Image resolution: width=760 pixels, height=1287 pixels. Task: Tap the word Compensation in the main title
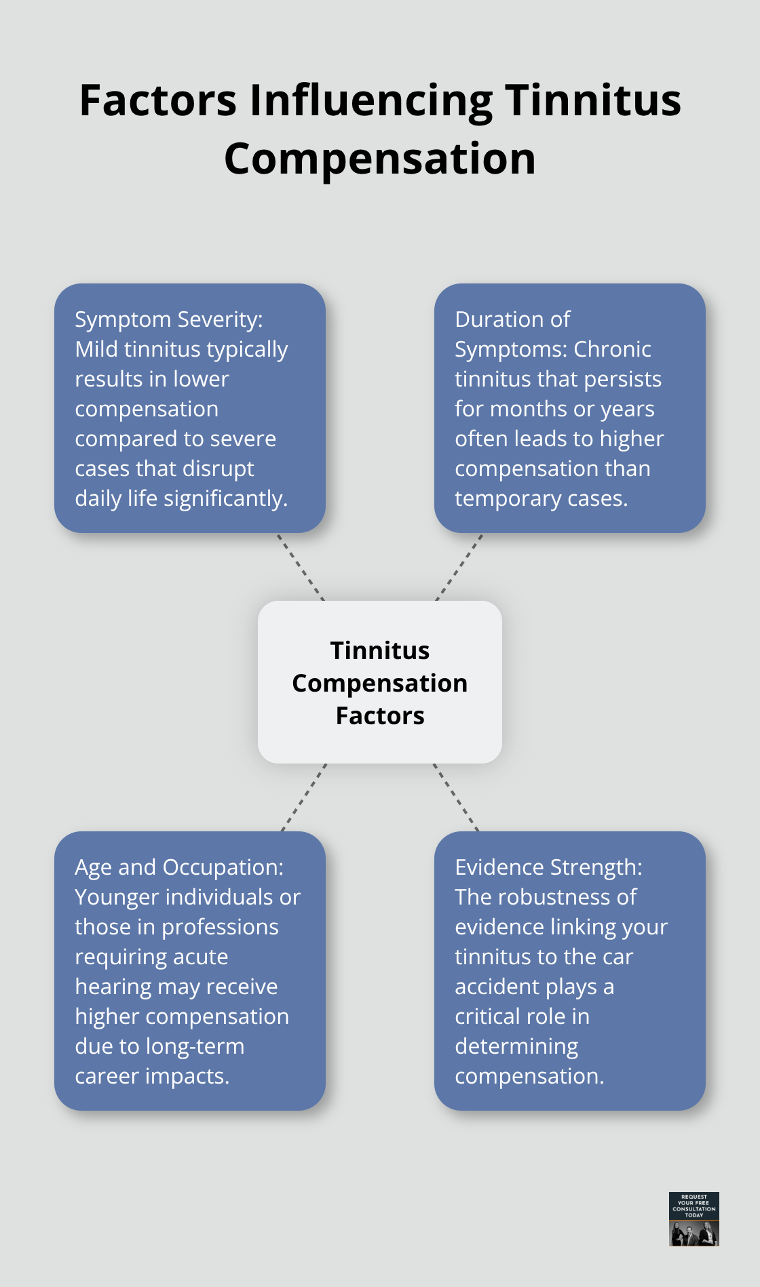380,159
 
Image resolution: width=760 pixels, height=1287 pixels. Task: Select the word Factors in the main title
158,100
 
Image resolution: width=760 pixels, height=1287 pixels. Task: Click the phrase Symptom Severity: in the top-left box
168,319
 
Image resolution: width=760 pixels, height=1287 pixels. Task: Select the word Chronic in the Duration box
612,349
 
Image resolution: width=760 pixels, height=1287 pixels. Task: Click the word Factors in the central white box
380,716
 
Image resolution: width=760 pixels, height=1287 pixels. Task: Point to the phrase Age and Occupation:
179,867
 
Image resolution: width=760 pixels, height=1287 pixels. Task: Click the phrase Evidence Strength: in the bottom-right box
548,867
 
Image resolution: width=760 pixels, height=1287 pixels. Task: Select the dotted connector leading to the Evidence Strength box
456,797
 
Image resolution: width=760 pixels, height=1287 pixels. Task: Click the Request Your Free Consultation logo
693,1219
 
